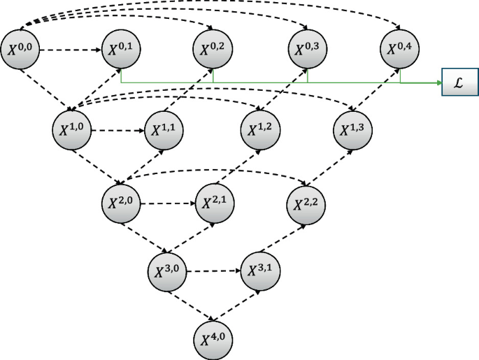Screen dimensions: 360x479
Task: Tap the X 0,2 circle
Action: point(213,50)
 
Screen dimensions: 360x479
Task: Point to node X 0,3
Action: point(308,50)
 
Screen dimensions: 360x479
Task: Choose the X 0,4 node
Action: point(401,50)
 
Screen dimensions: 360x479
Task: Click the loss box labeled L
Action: point(459,83)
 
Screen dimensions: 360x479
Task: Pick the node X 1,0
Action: point(72,129)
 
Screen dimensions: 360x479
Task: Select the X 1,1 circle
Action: point(164,130)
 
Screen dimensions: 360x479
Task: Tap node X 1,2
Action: point(260,130)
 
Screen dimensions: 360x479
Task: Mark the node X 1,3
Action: point(354,130)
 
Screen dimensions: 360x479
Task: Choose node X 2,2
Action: point(306,203)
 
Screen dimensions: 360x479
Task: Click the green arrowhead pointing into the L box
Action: point(439,83)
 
